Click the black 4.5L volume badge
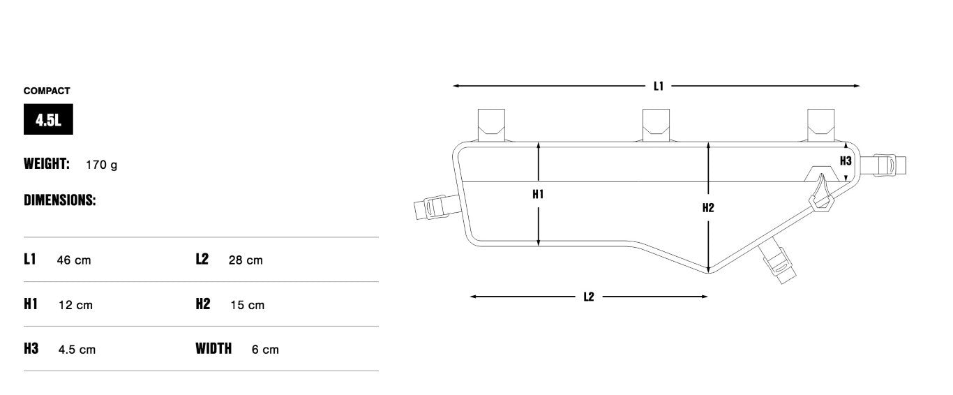pos(48,119)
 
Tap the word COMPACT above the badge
pos(47,91)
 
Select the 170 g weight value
pos(101,165)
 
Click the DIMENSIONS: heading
pos(59,200)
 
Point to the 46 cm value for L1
pos(73,260)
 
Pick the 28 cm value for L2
pos(246,260)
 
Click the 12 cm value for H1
pos(75,305)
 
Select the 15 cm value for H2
pos(247,305)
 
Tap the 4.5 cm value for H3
pos(77,350)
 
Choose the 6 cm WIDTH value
pos(265,350)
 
